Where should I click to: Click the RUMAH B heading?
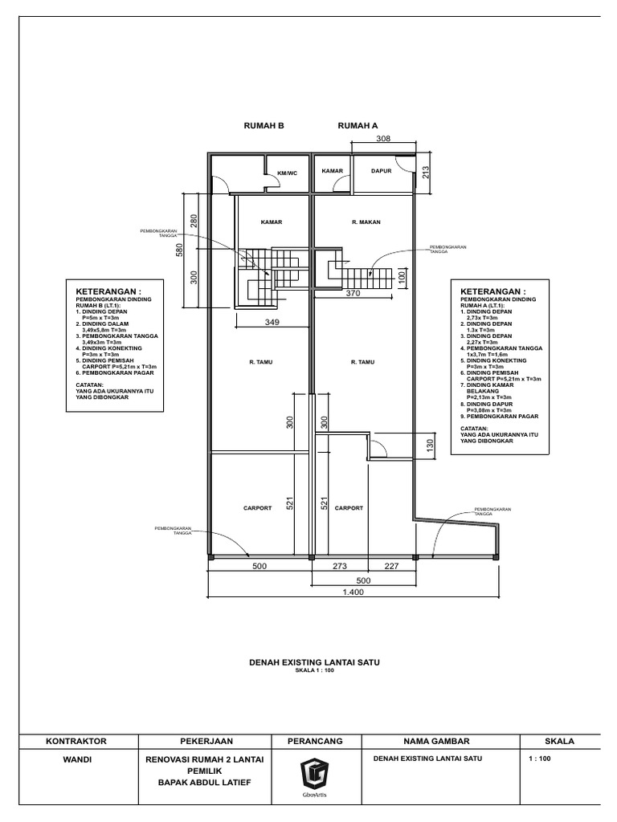(x=264, y=126)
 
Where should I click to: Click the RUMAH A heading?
(x=358, y=126)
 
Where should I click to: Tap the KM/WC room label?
(x=287, y=173)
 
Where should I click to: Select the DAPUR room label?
(x=381, y=171)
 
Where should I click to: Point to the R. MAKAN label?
(x=366, y=222)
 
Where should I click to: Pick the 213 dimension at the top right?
(x=427, y=171)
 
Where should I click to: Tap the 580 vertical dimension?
(x=181, y=250)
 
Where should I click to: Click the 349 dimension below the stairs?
(x=272, y=323)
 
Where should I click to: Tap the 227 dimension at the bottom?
(x=391, y=565)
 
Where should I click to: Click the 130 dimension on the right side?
(x=430, y=446)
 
